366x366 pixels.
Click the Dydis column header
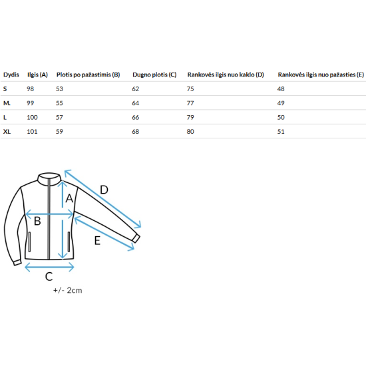(x=11, y=75)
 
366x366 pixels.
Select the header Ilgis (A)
(x=37, y=75)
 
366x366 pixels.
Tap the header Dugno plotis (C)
(x=154, y=75)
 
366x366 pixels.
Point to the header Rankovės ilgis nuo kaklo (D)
(x=226, y=75)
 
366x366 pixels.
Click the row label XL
(x=7, y=132)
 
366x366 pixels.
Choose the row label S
(x=5, y=89)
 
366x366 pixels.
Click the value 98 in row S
(x=31, y=89)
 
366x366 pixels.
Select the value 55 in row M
(x=59, y=103)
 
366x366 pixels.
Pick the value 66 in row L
(x=135, y=117)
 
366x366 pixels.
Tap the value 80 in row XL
(x=190, y=132)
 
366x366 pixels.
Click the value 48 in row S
(x=281, y=89)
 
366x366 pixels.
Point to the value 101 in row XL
(x=32, y=132)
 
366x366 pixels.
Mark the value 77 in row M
(x=190, y=103)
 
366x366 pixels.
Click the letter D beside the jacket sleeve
(x=104, y=190)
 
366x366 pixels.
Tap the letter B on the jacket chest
(x=37, y=221)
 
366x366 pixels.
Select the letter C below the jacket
(x=49, y=277)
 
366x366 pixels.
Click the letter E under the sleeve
(x=97, y=240)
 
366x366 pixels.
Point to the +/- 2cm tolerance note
(x=68, y=290)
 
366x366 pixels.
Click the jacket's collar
(x=49, y=179)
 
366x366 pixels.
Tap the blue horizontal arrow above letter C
(x=49, y=267)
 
